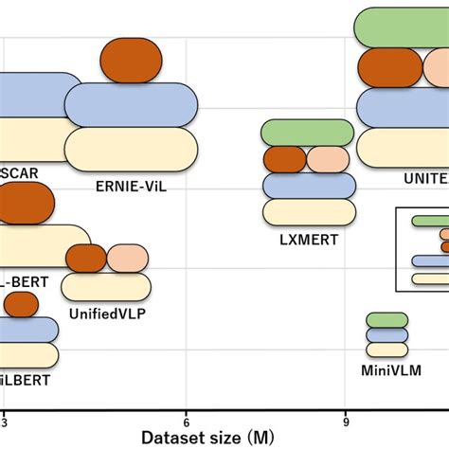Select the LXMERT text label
[308, 240]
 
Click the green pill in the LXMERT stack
[308, 133]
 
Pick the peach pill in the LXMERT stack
[329, 159]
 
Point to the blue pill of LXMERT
[308, 186]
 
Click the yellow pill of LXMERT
[308, 212]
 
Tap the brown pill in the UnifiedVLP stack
[86, 258]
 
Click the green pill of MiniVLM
[386, 320]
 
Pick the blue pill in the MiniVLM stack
[386, 335]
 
